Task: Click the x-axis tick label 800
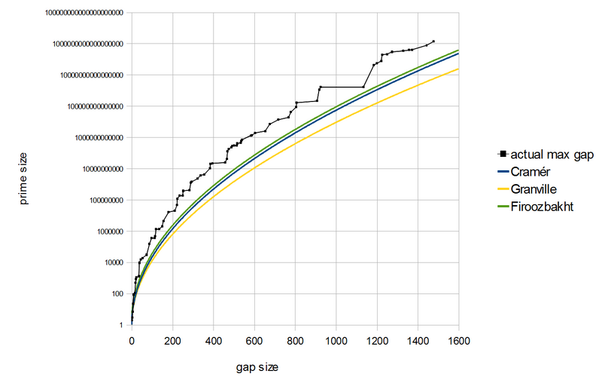[295, 340]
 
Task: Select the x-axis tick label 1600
[458, 340]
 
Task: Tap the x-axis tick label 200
[172, 340]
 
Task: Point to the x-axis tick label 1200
[377, 340]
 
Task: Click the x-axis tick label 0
[132, 340]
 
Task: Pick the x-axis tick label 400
[213, 340]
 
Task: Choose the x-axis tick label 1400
[418, 340]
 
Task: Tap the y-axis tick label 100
[117, 293]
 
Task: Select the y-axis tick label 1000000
[108, 231]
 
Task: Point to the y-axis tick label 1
[121, 325]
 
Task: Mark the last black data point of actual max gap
[433, 41]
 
